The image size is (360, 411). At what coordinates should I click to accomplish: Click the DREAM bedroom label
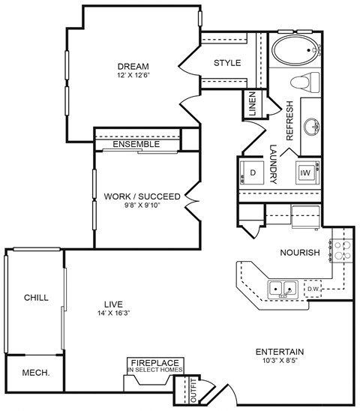pos(133,66)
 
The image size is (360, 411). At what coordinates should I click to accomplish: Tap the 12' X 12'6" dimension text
pos(133,76)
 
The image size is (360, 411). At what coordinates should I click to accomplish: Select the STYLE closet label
pos(227,63)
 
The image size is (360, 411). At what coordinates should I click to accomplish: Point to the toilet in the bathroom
pos(307,82)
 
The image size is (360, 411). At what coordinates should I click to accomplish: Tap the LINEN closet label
pos(252,104)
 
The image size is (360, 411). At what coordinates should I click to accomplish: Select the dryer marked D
pos(253,172)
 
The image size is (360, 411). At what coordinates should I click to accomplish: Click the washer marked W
pos(306,172)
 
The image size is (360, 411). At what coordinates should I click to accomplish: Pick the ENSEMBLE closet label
pos(136,144)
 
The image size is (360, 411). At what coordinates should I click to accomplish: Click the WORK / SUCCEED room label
pos(142,196)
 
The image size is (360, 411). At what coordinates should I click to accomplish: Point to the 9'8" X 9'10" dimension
pos(142,206)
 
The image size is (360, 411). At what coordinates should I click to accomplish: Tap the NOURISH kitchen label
pos(299,253)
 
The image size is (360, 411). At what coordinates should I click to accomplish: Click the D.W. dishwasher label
pos(313,286)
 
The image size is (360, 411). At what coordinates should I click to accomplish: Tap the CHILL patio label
pos(35,298)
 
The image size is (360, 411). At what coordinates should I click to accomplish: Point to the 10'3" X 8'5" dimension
pos(279,361)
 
